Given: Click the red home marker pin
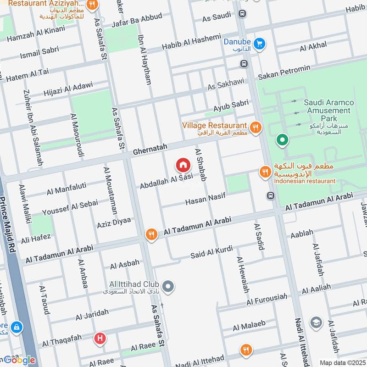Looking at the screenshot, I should coord(183,165).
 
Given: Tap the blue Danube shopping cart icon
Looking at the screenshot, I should coord(260,44).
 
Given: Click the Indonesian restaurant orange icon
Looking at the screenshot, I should coord(265,172).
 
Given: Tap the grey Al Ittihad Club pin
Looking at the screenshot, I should coord(168,287).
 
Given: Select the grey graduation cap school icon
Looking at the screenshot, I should coord(316,323).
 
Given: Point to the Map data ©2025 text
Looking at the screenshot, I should coord(342,362).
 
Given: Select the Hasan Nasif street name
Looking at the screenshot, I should coord(206,199).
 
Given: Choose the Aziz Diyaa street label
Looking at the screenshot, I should coord(114,223).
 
